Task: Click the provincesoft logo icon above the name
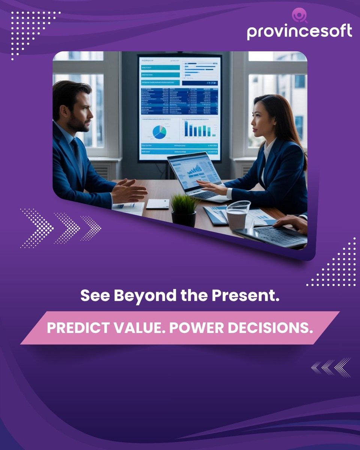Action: tap(300, 16)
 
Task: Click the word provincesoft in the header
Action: tap(299, 31)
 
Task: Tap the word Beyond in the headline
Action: tap(139, 296)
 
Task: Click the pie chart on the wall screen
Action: tap(159, 132)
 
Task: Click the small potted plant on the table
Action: tap(184, 210)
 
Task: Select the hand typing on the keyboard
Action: tap(291, 223)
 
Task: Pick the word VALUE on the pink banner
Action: tap(137, 328)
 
